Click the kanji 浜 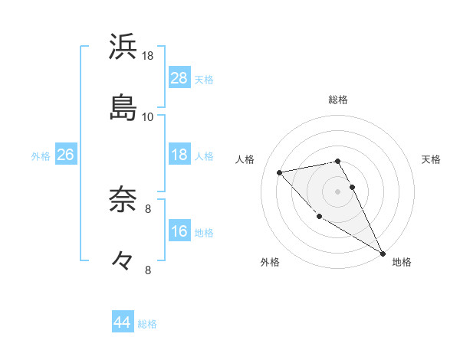coord(123,47)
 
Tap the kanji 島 coord(123,107)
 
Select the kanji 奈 coord(123,201)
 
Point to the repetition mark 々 coord(123,260)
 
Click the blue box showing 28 coord(179,78)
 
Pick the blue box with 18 coord(179,155)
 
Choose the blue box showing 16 coord(179,231)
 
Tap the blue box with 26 coord(65,155)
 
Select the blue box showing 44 coord(122,322)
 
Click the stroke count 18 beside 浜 coord(148,56)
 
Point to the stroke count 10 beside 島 coord(148,116)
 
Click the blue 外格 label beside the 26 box coord(41,155)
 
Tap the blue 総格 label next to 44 coord(147,324)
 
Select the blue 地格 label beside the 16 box coord(204,232)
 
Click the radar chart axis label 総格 coord(338,100)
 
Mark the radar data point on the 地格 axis coord(383,254)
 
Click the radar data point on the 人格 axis coord(280,172)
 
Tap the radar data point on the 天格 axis coord(352,187)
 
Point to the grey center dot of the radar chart coord(338,191)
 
